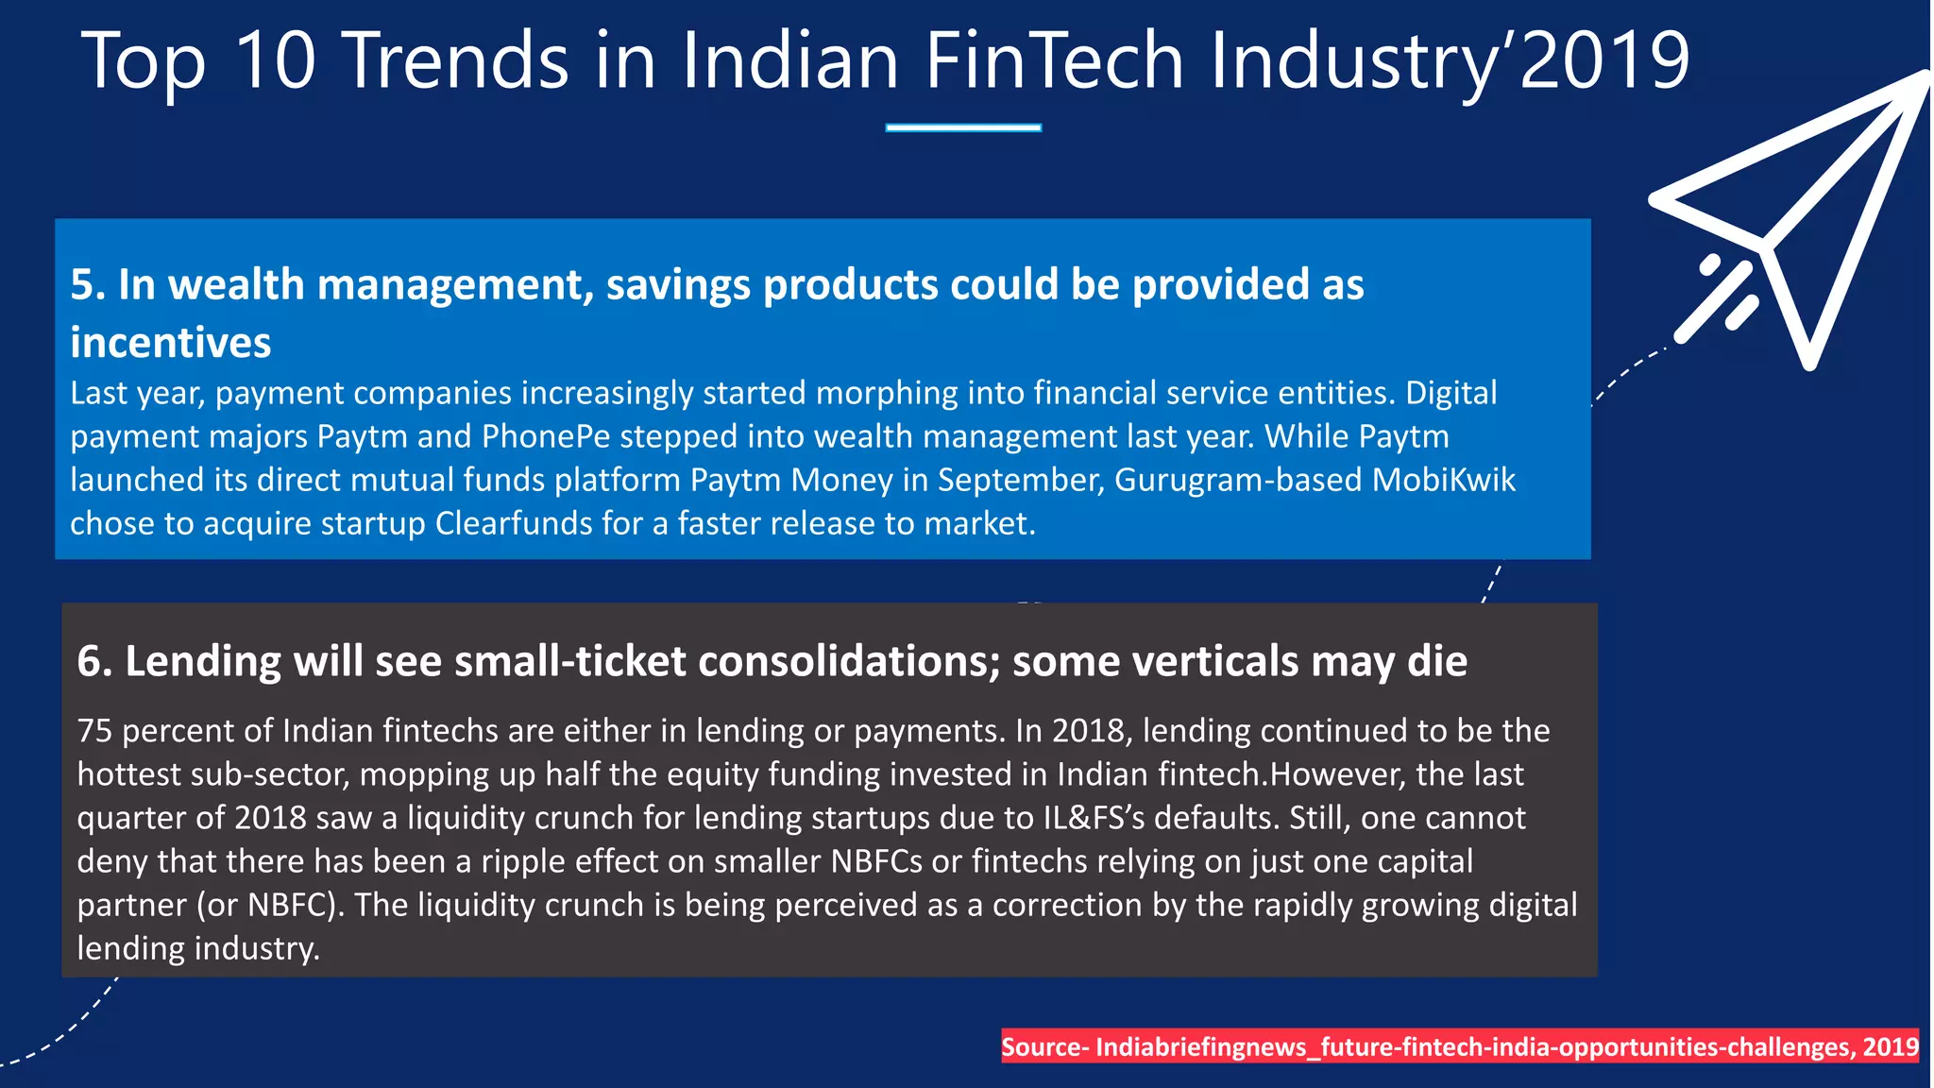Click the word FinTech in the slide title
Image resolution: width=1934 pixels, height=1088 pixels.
coord(1053,60)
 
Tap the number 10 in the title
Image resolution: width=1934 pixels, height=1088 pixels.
coord(274,60)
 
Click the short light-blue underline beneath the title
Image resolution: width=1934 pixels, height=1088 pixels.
coord(963,127)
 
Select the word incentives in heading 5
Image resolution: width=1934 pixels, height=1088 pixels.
coord(170,343)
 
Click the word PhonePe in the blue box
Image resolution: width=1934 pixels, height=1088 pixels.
coord(546,436)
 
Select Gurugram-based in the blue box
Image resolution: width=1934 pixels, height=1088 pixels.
coord(1238,480)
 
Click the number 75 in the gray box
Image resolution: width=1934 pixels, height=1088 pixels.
coord(94,731)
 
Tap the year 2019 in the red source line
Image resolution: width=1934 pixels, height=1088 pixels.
coord(1891,1046)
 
